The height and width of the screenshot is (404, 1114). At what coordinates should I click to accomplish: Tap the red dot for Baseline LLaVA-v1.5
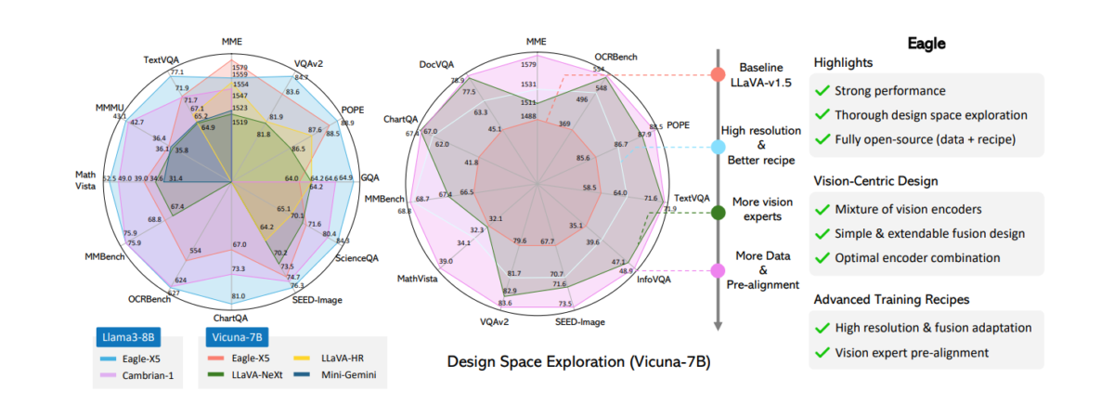pos(717,74)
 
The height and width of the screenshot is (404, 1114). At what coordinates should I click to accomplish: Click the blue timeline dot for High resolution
pos(717,147)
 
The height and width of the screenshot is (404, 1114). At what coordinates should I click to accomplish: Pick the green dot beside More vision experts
pos(717,213)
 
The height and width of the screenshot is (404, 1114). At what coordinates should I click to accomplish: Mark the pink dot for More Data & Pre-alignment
pos(717,271)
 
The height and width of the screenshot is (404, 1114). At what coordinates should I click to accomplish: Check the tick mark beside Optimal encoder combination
pos(821,257)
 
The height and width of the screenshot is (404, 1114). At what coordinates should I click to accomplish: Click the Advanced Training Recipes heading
pos(891,300)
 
